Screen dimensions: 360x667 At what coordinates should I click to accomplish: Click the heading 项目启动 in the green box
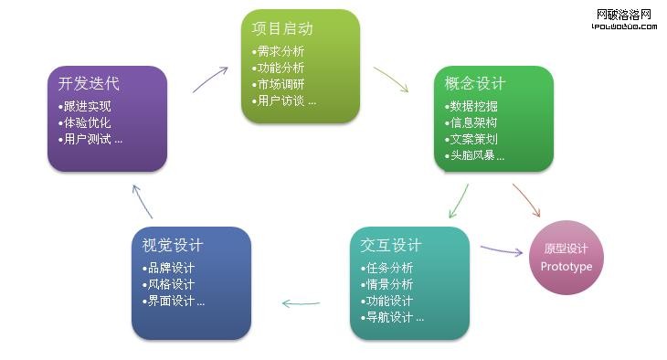(x=281, y=29)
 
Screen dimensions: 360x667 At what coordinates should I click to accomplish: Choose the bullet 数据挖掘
(x=473, y=107)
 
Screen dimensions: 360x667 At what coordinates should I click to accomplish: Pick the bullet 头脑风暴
(x=477, y=156)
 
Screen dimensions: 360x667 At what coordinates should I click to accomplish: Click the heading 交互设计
(x=391, y=246)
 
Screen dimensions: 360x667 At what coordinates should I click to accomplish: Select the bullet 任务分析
(x=387, y=268)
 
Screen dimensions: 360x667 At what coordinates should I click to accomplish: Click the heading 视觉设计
(x=173, y=246)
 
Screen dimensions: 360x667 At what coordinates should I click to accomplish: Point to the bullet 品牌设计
(x=171, y=268)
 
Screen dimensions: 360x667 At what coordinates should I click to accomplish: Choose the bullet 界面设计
(x=175, y=301)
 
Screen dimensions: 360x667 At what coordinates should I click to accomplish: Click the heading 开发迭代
(x=89, y=84)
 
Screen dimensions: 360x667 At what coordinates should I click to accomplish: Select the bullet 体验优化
(x=88, y=123)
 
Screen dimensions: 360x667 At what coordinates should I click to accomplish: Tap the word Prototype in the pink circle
(x=566, y=267)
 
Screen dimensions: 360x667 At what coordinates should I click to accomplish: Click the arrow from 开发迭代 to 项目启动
(x=210, y=79)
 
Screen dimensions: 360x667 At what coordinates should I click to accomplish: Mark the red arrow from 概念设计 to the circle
(x=526, y=200)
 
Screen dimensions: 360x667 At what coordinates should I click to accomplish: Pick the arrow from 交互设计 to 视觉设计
(x=301, y=302)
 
